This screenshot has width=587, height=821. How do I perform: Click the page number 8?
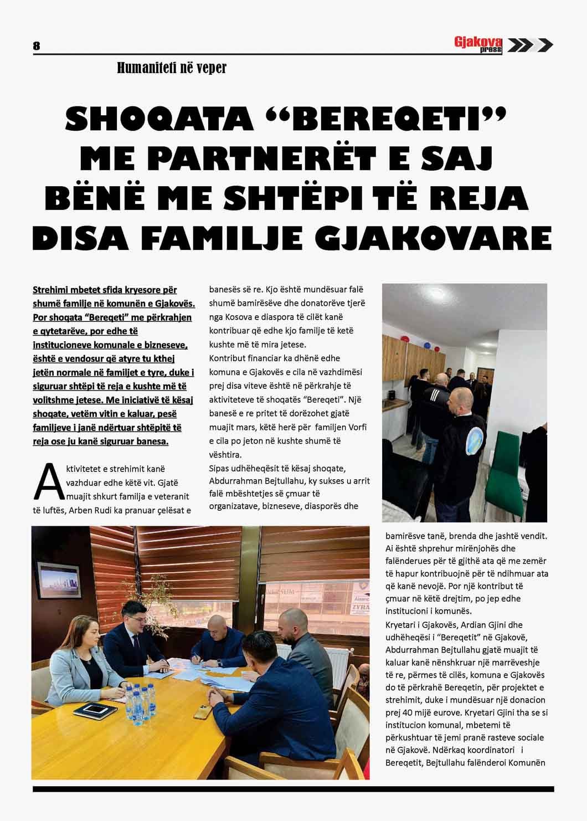click(x=37, y=46)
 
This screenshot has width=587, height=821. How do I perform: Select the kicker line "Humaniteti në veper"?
click(x=172, y=68)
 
